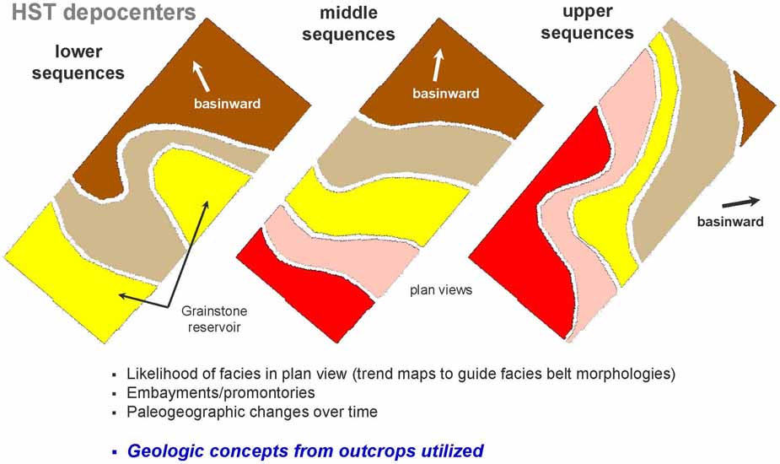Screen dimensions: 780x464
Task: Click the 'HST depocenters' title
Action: coord(104,13)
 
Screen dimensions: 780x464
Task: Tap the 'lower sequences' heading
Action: coord(78,62)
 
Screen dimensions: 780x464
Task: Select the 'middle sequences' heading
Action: coord(349,24)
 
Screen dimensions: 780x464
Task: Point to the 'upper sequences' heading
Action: coord(588,23)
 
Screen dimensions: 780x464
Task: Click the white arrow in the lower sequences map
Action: coord(201,76)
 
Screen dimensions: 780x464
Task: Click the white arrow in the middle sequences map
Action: coord(438,65)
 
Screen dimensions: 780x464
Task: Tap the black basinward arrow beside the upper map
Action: coord(740,202)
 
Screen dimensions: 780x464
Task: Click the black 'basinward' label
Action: coord(730,222)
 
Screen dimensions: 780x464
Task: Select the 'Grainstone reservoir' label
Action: coord(214,319)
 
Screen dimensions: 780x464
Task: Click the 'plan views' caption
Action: coord(441,289)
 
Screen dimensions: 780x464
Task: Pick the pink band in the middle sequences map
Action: coord(343,250)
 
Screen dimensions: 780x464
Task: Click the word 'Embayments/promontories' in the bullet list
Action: coord(221,393)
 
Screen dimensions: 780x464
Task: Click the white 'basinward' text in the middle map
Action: coord(446,94)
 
